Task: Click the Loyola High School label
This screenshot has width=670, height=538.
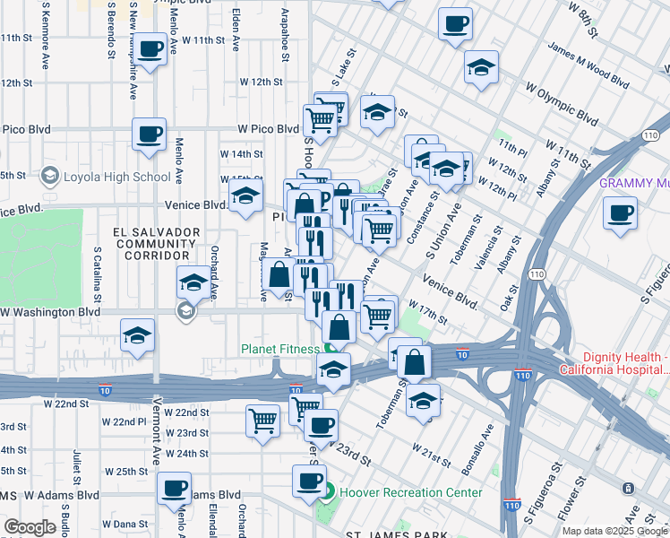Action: (116, 176)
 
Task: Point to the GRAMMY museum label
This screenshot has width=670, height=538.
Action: (633, 183)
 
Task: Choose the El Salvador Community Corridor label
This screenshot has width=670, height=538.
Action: (157, 244)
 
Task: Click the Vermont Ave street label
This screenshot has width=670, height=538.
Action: (156, 430)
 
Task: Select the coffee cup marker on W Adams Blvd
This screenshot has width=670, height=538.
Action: (174, 489)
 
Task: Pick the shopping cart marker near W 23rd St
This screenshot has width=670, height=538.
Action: (262, 419)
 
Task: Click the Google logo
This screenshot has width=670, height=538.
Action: (29, 527)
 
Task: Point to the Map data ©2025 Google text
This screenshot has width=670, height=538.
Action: (614, 531)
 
